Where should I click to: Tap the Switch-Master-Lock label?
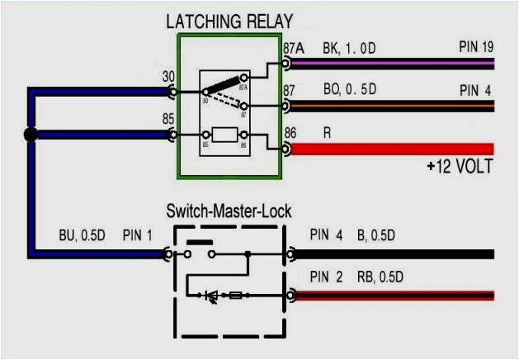coord(229,211)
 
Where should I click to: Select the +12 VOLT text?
coord(460,167)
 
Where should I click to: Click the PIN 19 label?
coord(476,47)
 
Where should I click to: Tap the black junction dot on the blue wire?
coord(31,135)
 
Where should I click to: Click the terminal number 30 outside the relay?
coord(167,77)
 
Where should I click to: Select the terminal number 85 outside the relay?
coord(167,120)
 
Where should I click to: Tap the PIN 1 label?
coord(138,235)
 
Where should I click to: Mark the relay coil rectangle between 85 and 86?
coord(225,135)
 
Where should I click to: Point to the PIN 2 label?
coord(326,277)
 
